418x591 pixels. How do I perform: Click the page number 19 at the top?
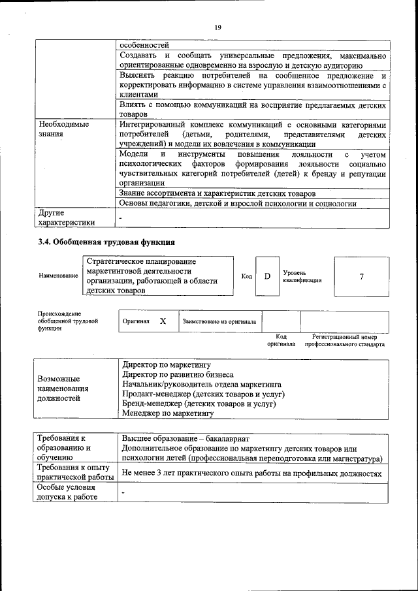coord(217,27)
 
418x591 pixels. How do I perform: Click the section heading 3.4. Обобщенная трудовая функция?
coord(106,242)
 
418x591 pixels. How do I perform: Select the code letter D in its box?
coord(267,276)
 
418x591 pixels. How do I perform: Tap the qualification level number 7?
coord(361,276)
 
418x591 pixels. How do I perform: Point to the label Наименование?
coord(58,276)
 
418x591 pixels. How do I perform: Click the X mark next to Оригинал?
coord(163,321)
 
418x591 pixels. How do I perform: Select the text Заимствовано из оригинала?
coord(219,321)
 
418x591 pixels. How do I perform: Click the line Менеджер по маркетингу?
coord(168,413)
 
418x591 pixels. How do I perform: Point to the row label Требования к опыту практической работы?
coord(75,473)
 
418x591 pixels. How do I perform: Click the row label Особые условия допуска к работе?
coord(67,492)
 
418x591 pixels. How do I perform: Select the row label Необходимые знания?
coord(63,129)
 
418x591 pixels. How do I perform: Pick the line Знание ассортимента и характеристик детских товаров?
coord(217,194)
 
